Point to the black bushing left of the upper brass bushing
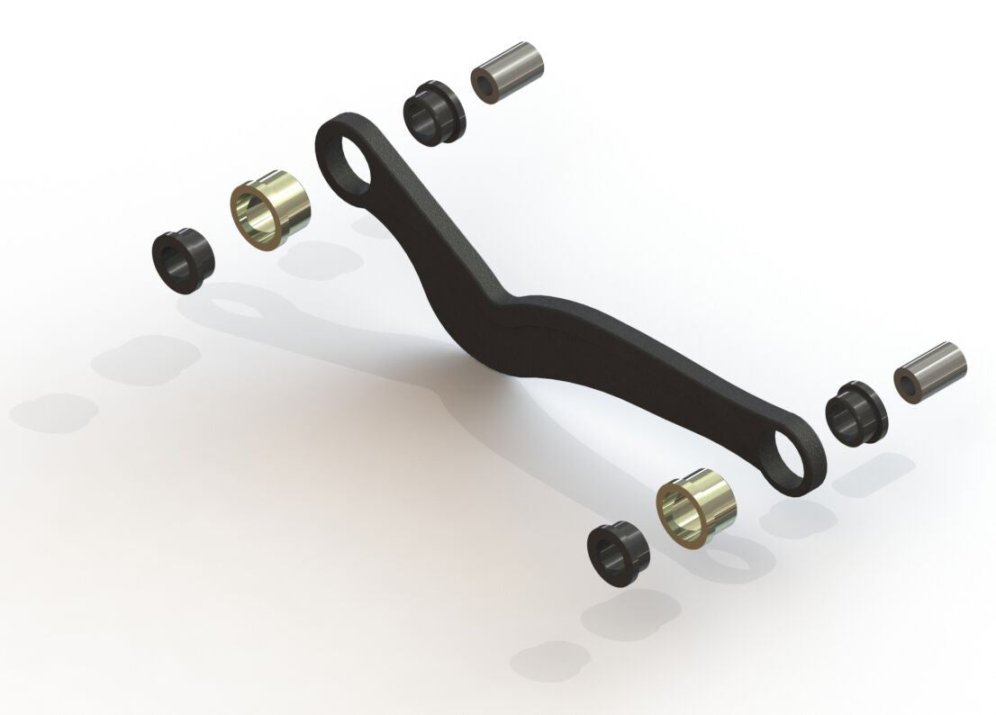pyautogui.click(x=183, y=262)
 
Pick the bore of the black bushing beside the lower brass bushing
pyautogui.click(x=606, y=556)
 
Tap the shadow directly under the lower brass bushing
pyautogui.click(x=738, y=558)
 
